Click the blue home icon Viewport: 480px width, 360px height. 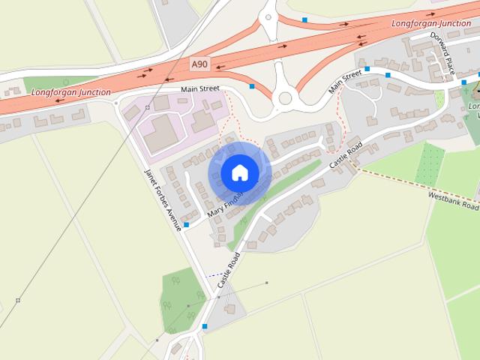tap(239, 173)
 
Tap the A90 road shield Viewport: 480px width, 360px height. tap(199, 65)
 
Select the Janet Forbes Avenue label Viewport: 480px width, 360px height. tap(163, 198)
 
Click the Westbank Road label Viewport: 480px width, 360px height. tap(453, 199)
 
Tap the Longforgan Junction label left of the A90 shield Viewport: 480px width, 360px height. tap(71, 92)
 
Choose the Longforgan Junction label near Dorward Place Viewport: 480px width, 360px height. tap(431, 24)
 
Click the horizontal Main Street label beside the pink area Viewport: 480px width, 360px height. tap(199, 88)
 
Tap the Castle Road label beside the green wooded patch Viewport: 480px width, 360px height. tap(229, 271)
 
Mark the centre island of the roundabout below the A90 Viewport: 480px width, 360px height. tap(284, 97)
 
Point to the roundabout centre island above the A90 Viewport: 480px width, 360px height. tap(268, 16)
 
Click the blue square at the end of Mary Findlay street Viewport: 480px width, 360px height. tap(186, 224)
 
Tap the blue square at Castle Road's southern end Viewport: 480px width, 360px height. tap(205, 326)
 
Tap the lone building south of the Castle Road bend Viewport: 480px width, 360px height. tap(229, 309)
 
